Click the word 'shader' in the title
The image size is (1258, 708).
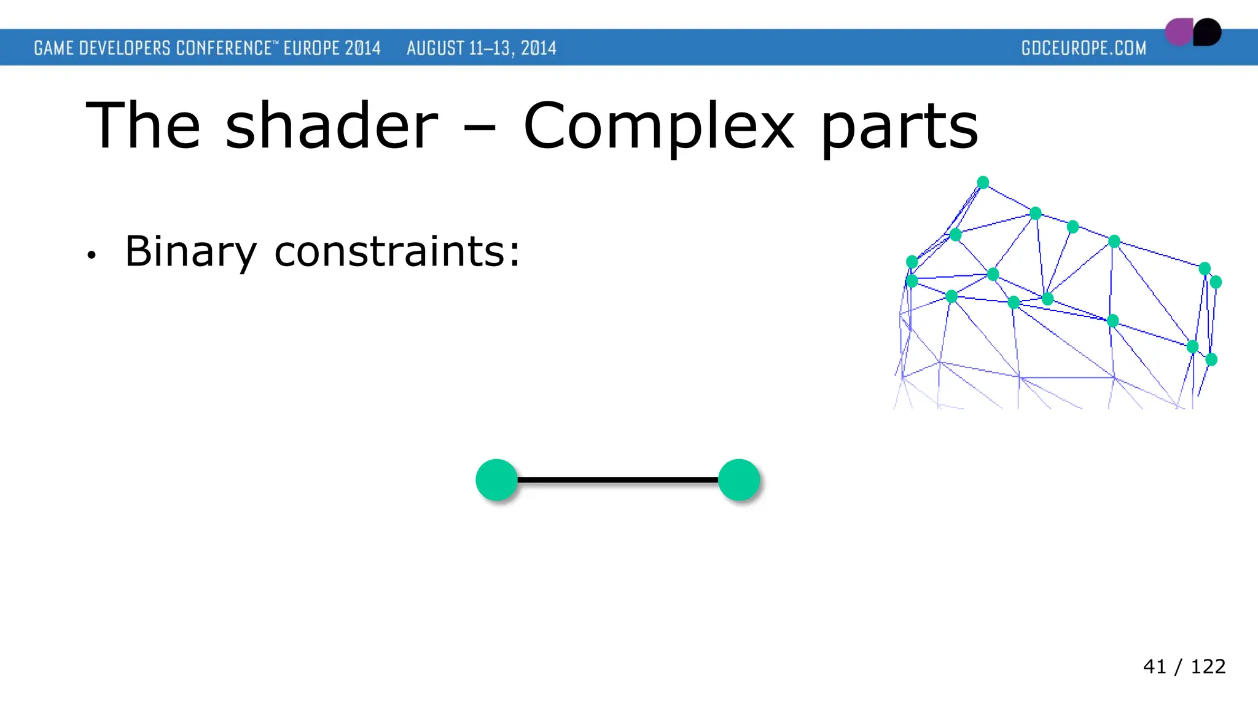coord(332,126)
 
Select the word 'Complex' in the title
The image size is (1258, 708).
coord(658,126)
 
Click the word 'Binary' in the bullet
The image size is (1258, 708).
coord(190,252)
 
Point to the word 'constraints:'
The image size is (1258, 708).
coord(397,252)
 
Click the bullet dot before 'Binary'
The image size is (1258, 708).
coord(92,255)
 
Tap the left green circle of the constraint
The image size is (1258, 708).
coord(496,480)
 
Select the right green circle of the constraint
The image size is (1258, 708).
coord(738,480)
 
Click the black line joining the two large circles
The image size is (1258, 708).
coord(617,480)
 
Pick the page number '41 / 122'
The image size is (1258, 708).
coord(1184,666)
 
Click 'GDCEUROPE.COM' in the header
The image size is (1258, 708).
coord(1084,48)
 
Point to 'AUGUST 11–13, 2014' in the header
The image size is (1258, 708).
coord(481,48)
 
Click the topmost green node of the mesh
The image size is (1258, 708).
coord(983,182)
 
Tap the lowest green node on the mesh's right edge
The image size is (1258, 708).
coord(1211,360)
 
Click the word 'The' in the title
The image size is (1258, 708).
coord(143,126)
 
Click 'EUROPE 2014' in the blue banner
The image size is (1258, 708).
coord(332,48)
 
